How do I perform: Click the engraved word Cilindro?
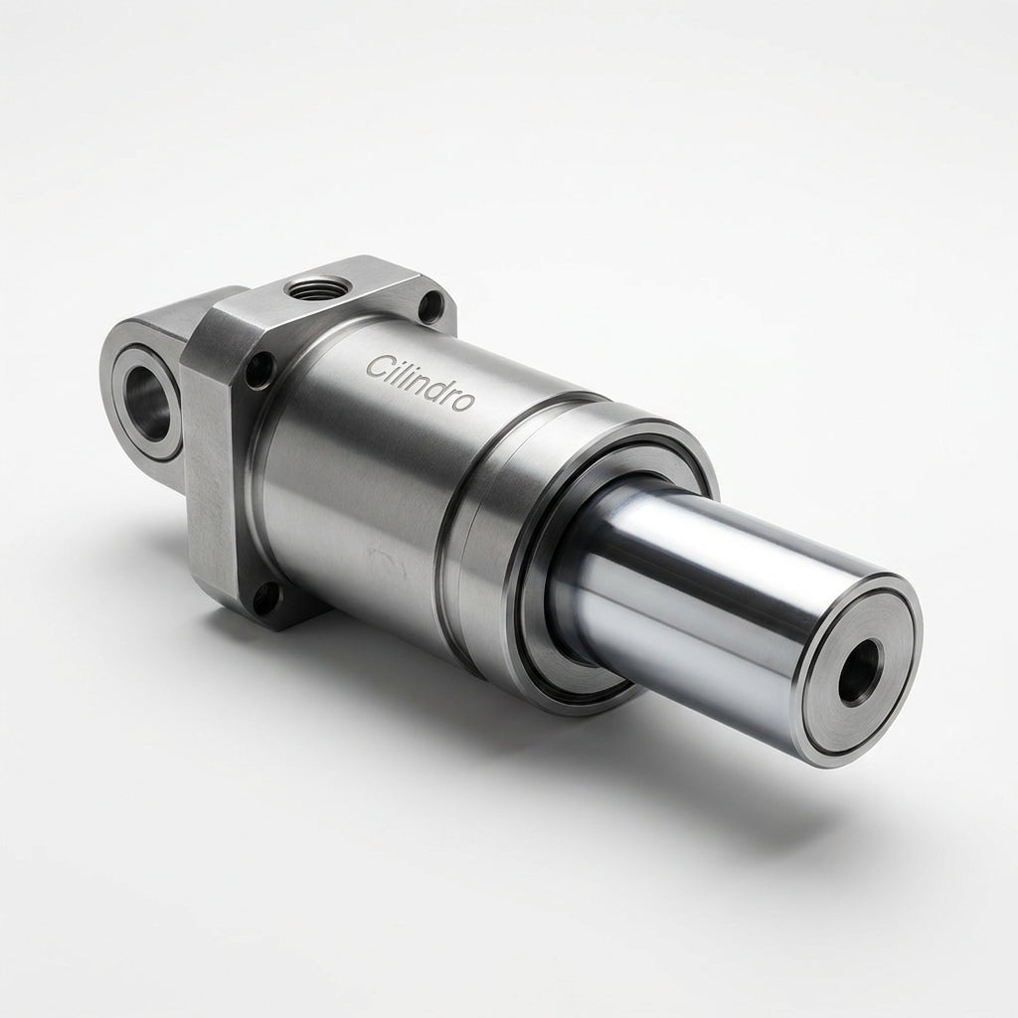pos(421,383)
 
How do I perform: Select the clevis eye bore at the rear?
pos(147,403)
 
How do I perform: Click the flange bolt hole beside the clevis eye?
pos(259,370)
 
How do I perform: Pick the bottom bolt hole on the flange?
pos(264,598)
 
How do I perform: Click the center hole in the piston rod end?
pos(861,672)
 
